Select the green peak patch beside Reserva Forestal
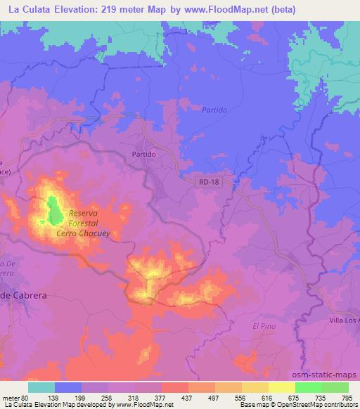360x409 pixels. coord(53,209)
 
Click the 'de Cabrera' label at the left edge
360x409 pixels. coord(24,296)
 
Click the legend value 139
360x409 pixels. coord(68,397)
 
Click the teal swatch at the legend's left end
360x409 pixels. coord(41,387)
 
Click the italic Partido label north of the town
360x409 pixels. coord(214,110)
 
